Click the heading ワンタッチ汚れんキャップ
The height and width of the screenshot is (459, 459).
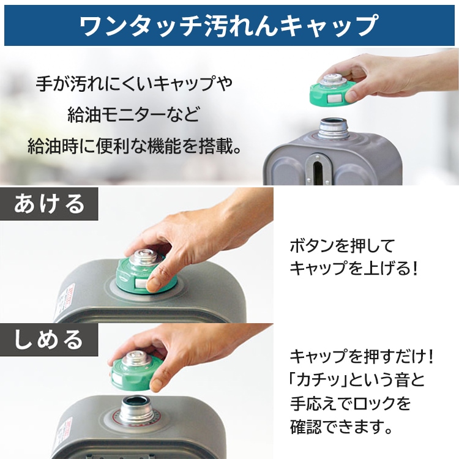coord(229,25)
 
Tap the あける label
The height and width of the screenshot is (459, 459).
coord(50,204)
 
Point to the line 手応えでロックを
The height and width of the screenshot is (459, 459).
coord(349,403)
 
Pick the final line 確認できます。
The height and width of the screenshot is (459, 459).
coord(340,427)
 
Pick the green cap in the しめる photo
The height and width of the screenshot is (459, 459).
coord(135,370)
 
